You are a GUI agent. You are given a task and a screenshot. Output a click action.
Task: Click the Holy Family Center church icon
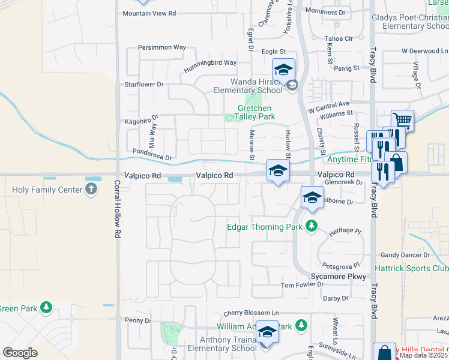91,190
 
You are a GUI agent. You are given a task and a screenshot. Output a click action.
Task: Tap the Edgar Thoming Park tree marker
311,226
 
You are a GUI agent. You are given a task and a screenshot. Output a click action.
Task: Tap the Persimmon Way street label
161,47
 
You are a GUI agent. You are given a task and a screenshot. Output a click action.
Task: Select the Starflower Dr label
143,85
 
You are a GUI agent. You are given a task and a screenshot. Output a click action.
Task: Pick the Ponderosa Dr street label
152,155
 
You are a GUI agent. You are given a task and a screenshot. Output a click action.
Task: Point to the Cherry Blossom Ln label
252,313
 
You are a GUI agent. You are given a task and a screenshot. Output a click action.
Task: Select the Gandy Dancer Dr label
402,255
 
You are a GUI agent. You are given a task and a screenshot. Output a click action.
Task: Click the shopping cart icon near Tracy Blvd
402,120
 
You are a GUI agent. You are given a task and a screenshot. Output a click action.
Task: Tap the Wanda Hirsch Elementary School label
247,86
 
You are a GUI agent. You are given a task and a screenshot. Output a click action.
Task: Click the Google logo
20,353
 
